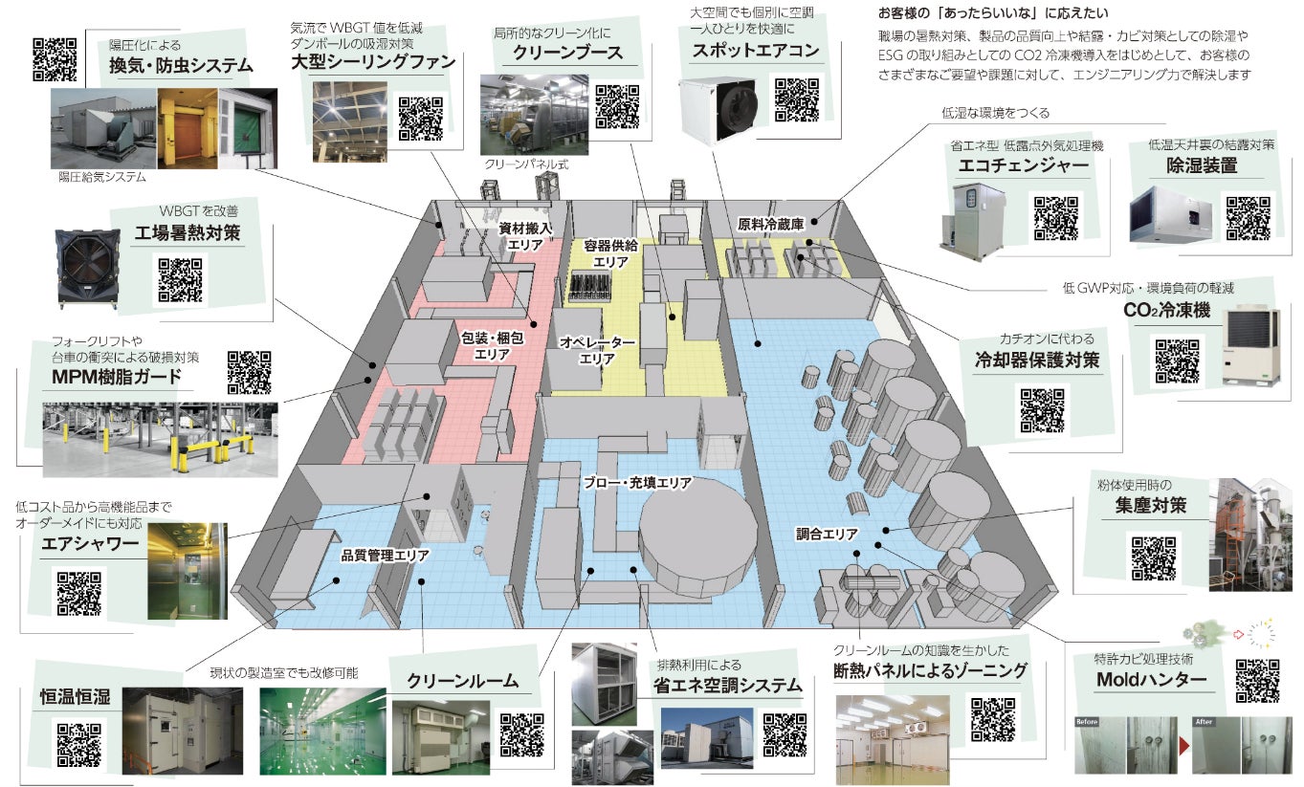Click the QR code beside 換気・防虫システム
55,57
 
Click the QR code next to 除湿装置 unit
1248,216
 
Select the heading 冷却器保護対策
1036,361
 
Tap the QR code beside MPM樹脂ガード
250,372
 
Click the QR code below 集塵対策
1154,558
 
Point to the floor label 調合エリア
827,534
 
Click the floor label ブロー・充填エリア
637,484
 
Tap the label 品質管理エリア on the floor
386,554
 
